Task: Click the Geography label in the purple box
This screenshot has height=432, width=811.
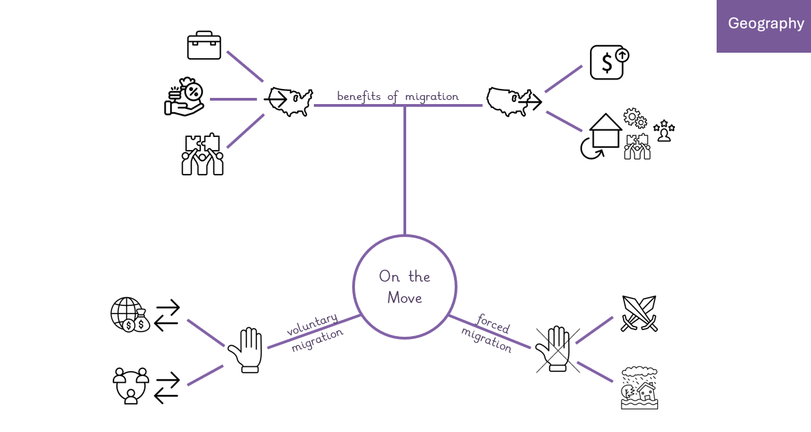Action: [x=765, y=24]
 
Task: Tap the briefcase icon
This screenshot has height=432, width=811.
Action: [x=204, y=45]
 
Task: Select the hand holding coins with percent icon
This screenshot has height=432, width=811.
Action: [x=184, y=97]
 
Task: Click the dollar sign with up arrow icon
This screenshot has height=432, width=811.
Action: [x=609, y=62]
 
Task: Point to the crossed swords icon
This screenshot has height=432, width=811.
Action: [x=639, y=314]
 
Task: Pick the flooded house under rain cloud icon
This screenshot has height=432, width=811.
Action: [x=639, y=388]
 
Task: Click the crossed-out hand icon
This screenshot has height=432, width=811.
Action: [x=557, y=348]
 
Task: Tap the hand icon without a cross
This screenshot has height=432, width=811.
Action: [x=246, y=350]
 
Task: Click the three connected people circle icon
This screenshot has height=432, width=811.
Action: [x=131, y=385]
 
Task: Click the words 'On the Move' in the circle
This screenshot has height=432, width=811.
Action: [x=404, y=287]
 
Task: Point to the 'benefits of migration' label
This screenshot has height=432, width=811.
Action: [x=398, y=97]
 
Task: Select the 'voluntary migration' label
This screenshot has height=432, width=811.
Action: [x=315, y=332]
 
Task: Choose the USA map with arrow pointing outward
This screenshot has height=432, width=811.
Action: [x=514, y=101]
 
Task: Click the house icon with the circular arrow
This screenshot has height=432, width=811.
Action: [x=601, y=136]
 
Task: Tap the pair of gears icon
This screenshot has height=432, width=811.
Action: [x=635, y=118]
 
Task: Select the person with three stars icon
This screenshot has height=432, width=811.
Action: [x=664, y=131]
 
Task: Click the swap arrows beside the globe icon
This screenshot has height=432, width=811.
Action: [x=167, y=316]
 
